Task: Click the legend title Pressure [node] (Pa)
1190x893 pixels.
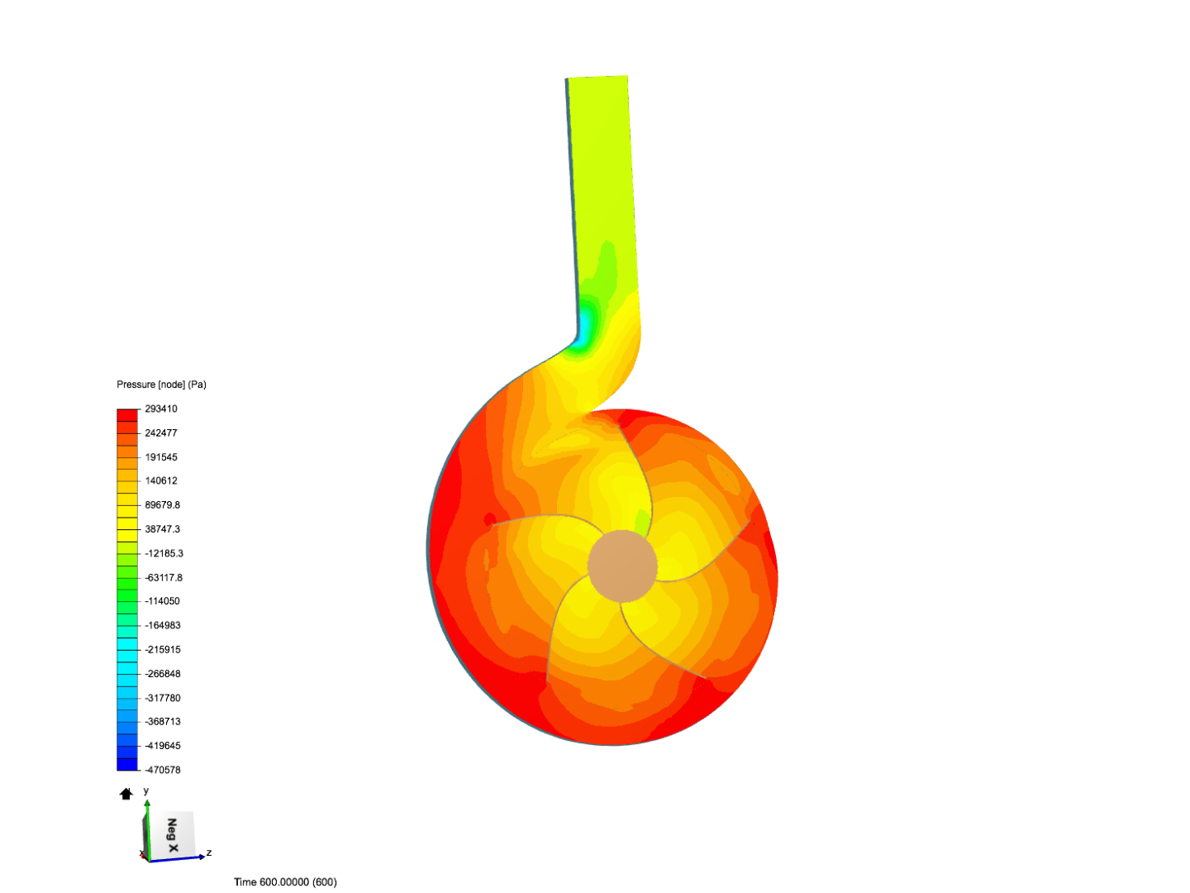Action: [161, 384]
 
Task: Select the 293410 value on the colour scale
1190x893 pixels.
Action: [161, 408]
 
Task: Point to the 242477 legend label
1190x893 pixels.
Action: [161, 432]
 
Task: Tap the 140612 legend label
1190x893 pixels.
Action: [161, 480]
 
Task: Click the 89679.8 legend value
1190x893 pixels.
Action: [162, 504]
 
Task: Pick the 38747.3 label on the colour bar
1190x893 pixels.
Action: [162, 528]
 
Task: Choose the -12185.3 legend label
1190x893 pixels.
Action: [164, 553]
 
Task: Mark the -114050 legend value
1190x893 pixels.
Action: [162, 601]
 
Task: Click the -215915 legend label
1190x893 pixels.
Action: [162, 650]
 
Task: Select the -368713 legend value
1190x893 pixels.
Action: [162, 722]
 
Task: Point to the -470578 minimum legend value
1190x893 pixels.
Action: [162, 770]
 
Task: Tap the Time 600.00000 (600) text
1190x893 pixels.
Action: [285, 882]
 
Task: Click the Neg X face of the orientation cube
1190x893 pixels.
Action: [172, 834]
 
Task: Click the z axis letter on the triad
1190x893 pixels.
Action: [209, 852]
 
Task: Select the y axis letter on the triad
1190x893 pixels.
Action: [146, 791]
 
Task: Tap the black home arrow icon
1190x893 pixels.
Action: [126, 794]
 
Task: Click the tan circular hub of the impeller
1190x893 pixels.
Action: [622, 566]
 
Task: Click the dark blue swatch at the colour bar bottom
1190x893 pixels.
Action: [127, 764]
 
